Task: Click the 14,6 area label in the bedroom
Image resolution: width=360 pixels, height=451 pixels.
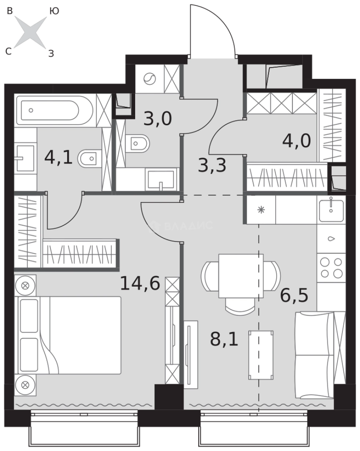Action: click(x=140, y=283)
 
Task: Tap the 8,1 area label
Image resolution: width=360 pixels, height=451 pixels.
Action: click(x=224, y=339)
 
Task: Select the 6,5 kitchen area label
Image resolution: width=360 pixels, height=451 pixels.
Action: click(x=294, y=295)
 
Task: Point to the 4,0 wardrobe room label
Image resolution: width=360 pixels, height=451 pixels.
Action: click(x=297, y=141)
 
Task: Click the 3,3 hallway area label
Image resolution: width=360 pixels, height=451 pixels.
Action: click(x=212, y=165)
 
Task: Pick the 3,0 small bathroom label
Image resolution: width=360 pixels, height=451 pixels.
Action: click(x=158, y=118)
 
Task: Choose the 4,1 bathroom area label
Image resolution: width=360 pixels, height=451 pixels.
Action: click(x=58, y=157)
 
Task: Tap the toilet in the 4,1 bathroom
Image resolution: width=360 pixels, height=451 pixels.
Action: click(x=90, y=159)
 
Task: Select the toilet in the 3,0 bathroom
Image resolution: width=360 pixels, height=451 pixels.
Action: click(x=137, y=143)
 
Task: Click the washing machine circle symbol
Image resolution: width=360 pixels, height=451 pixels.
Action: click(x=150, y=79)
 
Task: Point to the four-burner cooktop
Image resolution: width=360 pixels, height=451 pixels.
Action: click(x=331, y=268)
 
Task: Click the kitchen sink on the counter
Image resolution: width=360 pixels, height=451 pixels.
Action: click(x=331, y=210)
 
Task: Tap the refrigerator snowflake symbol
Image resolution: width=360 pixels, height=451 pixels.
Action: click(x=261, y=210)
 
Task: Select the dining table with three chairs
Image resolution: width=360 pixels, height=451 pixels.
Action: click(x=241, y=283)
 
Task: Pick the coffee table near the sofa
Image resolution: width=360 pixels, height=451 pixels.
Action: click(x=261, y=355)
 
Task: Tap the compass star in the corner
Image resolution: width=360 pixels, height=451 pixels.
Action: click(x=30, y=32)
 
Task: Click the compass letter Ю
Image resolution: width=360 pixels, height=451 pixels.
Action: click(x=54, y=10)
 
